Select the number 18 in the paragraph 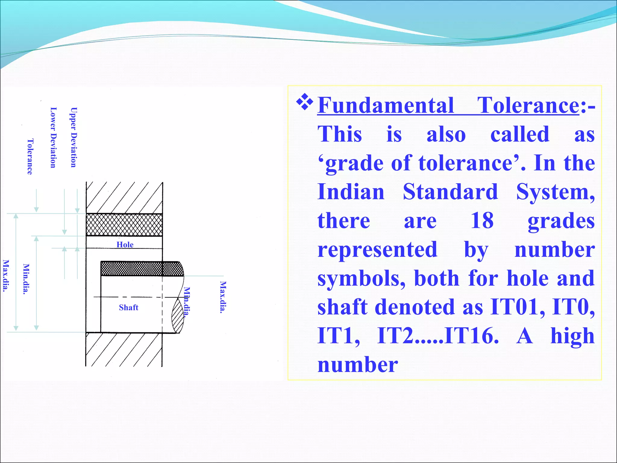tap(482, 221)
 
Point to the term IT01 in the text tap(517, 307)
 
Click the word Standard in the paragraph tap(450, 192)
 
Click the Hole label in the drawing tap(125, 245)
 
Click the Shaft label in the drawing tap(128, 307)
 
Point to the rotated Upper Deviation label tap(74, 137)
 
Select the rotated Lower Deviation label tap(53, 137)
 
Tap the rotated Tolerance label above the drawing tap(30, 156)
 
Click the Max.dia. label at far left tap(5, 276)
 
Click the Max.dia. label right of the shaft tap(223, 297)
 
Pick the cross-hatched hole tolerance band tap(124, 225)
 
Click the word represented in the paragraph tap(377, 250)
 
